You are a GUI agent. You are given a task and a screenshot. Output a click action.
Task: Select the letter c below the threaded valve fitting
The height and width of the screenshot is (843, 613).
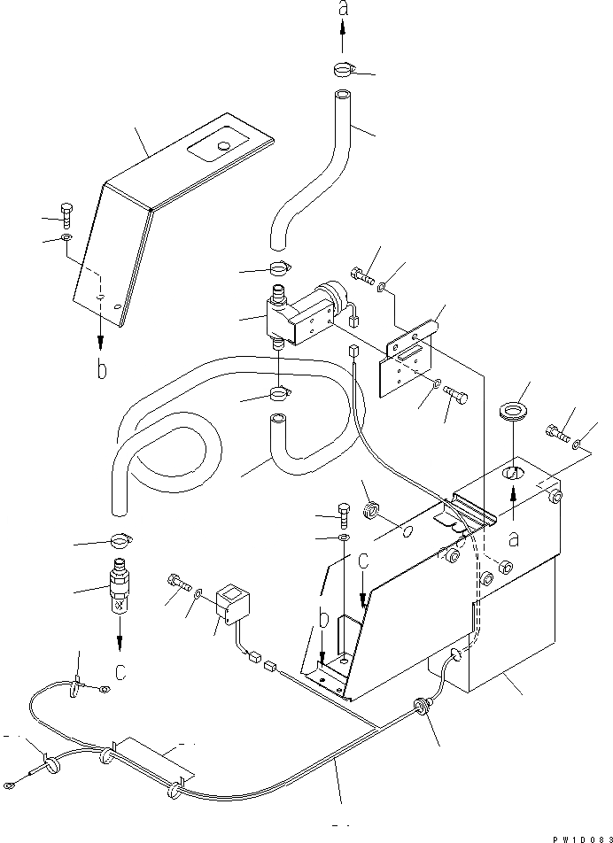[x=120, y=670]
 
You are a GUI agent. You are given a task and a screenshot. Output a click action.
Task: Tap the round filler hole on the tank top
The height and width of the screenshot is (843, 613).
[x=515, y=474]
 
